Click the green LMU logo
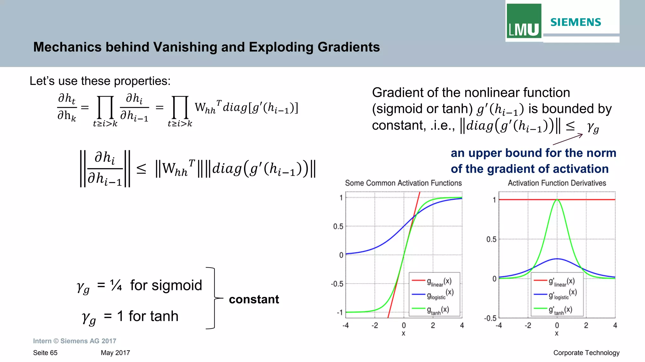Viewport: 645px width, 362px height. pyautogui.click(x=524, y=21)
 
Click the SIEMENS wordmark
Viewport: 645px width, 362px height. pyautogui.click(x=576, y=22)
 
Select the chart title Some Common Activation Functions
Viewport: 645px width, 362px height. pyautogui.click(x=403, y=183)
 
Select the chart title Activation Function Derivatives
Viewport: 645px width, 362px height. pyautogui.click(x=557, y=183)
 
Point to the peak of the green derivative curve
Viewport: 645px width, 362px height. pyautogui.click(x=557, y=200)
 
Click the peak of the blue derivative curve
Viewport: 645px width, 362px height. pyautogui.click(x=557, y=259)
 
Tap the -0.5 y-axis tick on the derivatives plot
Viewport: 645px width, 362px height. pyautogui.click(x=490, y=318)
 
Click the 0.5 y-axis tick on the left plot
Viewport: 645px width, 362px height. pyautogui.click(x=338, y=226)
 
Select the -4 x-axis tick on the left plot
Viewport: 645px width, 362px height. pyautogui.click(x=345, y=326)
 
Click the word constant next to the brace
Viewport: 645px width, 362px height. pyautogui.click(x=254, y=299)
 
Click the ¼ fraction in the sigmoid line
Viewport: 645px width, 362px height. pyautogui.click(x=116, y=285)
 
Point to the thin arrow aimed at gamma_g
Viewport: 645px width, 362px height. pyautogui.click(x=568, y=139)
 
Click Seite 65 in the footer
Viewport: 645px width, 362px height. pyautogui.click(x=45, y=353)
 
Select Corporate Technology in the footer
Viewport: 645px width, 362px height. pyautogui.click(x=586, y=353)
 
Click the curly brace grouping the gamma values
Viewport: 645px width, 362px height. pyautogui.click(x=215, y=298)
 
